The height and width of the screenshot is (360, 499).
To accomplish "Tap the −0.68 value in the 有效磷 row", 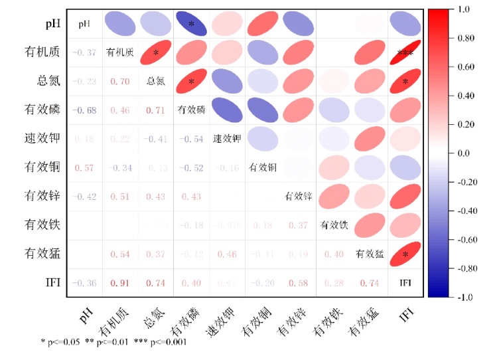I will [x=84, y=110].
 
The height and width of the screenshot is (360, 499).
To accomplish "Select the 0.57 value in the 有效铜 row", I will [x=84, y=167].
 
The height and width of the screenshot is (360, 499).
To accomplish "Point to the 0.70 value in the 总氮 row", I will [x=120, y=82].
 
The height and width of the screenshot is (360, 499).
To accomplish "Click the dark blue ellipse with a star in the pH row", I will [x=192, y=25].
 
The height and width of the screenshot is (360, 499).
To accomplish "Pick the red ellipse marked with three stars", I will [x=405, y=53].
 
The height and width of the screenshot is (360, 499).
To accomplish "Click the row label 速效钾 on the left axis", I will [x=43, y=139].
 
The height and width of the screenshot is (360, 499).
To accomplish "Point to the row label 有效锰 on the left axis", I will [x=43, y=254].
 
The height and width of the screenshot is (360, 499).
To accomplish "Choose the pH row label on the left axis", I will [x=53, y=24].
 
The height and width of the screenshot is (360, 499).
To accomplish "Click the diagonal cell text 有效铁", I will [x=334, y=225].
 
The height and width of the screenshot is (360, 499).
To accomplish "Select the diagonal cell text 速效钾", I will [x=227, y=139].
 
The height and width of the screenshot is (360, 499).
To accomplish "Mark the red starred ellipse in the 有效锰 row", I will [x=405, y=254].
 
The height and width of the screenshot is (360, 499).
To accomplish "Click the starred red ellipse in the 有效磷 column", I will [x=192, y=82].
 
